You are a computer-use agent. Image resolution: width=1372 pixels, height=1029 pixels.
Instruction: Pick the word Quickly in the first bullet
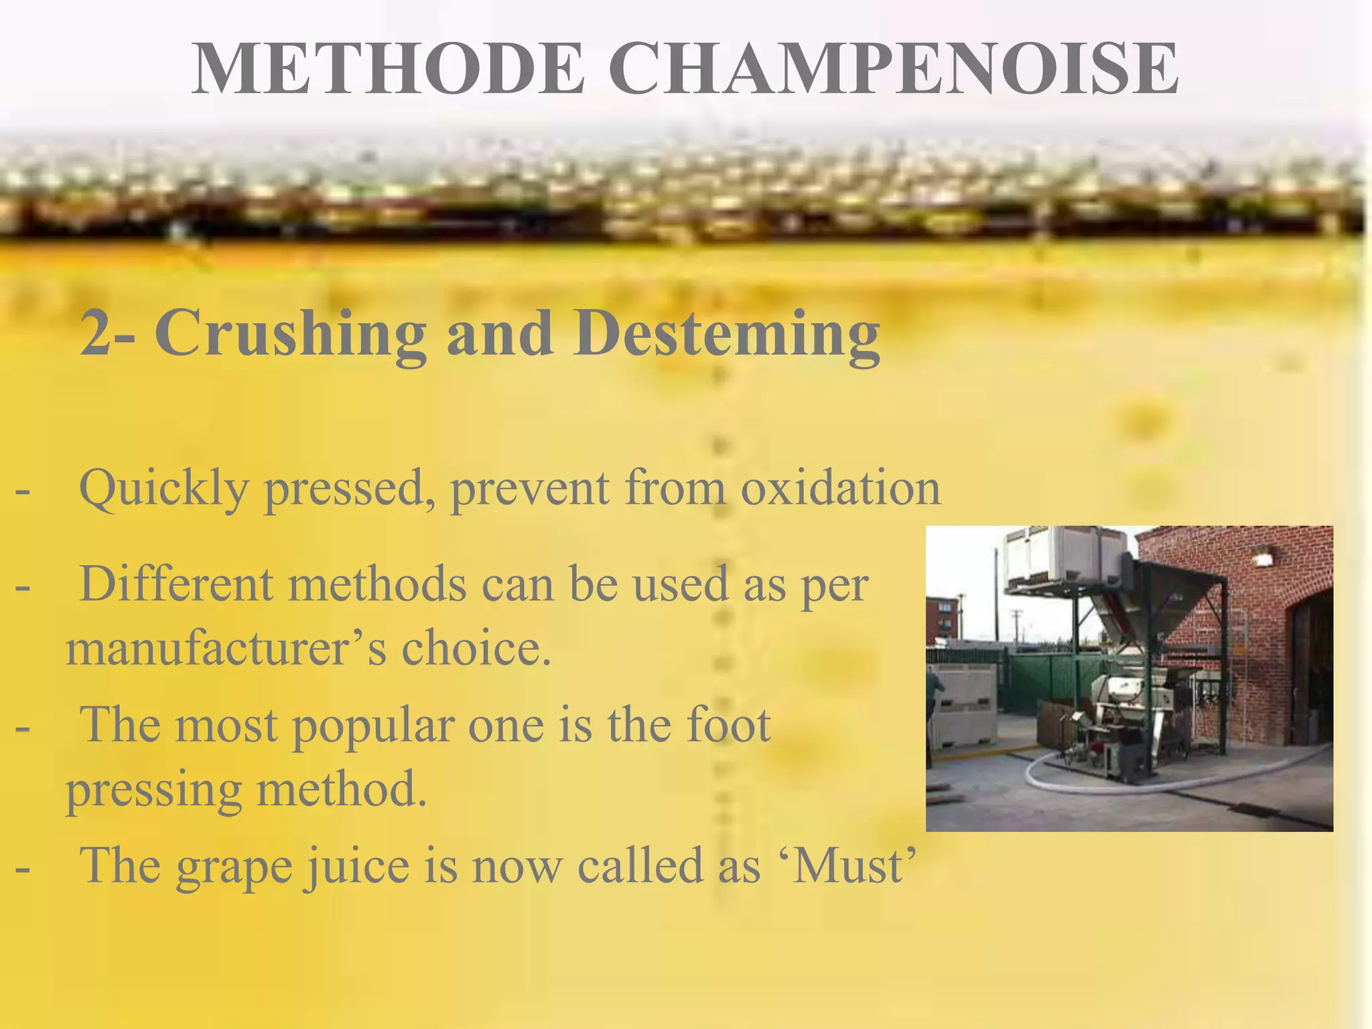pyautogui.click(x=164, y=490)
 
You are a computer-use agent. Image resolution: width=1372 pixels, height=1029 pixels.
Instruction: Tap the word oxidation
pyautogui.click(x=840, y=488)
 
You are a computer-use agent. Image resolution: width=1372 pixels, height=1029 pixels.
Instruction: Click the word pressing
pyautogui.click(x=153, y=791)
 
